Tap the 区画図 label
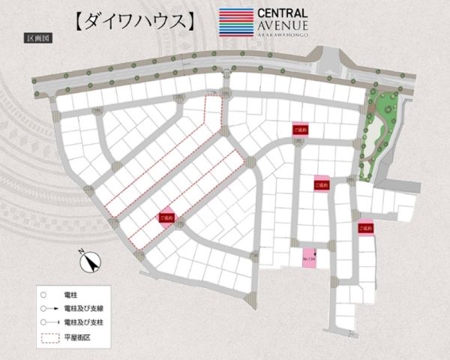pos(36,37)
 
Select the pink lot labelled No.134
pos(308,257)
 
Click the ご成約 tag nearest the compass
pos(166,217)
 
